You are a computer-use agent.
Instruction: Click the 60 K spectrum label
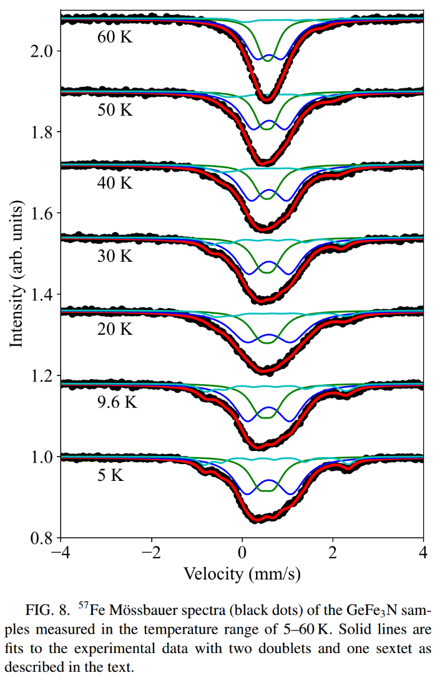115,37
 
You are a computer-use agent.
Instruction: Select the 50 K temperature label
115,110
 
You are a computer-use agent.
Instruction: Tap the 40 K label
115,183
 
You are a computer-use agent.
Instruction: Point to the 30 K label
115,256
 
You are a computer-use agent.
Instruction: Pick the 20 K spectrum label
115,329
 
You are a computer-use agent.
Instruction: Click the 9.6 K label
117,402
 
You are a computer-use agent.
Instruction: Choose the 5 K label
110,475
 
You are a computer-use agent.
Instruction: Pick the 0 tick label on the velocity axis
242,553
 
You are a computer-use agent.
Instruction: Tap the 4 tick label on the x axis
423,553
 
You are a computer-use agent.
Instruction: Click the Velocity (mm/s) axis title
242,573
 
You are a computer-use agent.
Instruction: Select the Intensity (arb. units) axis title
17,274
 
